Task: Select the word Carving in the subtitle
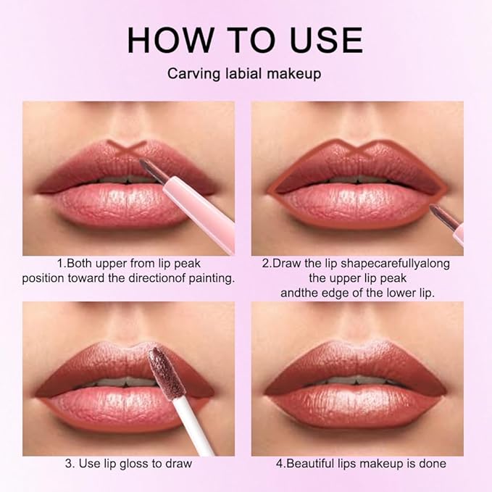click(x=191, y=74)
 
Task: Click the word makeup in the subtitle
click(x=296, y=74)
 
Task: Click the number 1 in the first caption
click(x=59, y=263)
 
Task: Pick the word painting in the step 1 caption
click(x=210, y=278)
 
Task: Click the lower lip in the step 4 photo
click(x=357, y=410)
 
